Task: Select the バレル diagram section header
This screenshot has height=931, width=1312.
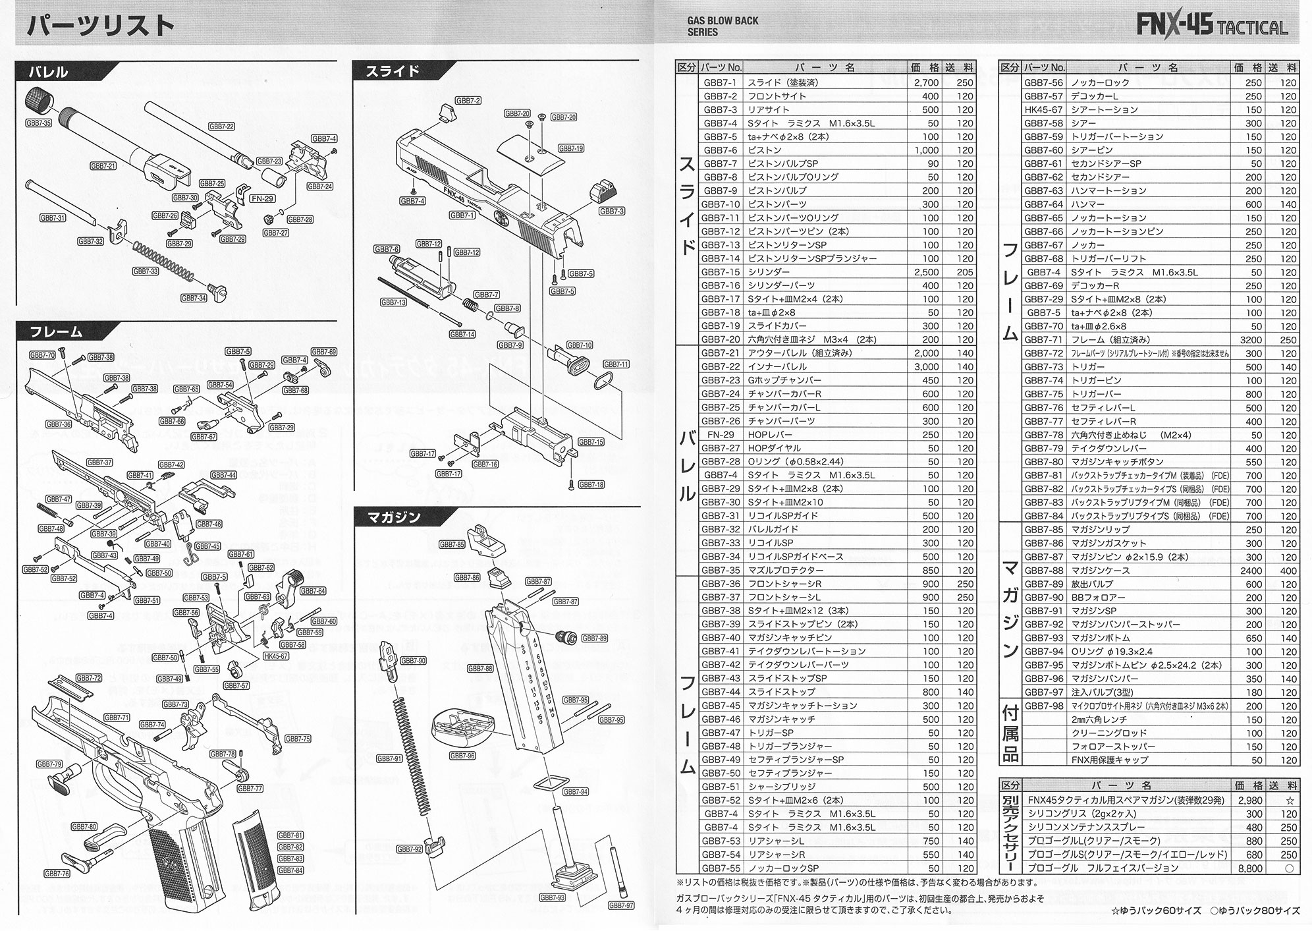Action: (49, 71)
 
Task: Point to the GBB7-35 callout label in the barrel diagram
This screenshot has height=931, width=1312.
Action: (38, 123)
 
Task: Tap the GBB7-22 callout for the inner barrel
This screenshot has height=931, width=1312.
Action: (221, 126)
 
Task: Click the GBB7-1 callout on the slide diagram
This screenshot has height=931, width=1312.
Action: (462, 215)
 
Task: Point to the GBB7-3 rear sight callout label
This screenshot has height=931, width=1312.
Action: (612, 211)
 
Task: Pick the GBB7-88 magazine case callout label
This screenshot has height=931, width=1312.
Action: (480, 668)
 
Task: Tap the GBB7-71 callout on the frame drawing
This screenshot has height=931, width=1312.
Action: (117, 718)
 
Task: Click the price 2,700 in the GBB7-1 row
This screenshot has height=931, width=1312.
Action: (926, 82)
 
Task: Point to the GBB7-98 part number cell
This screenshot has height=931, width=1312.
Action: (1044, 706)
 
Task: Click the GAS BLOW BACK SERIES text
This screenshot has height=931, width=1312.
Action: (723, 26)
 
